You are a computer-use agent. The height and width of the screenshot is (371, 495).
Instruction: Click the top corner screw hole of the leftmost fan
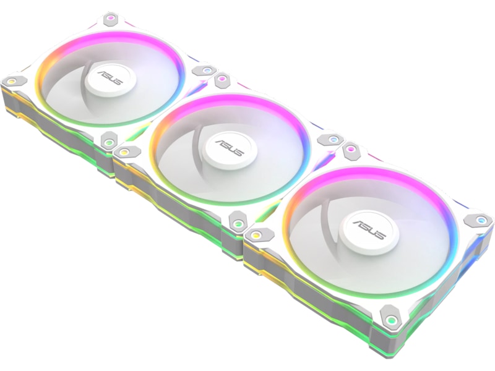pos(110,18)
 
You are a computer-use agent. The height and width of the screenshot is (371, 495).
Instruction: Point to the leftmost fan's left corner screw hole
pos(12,81)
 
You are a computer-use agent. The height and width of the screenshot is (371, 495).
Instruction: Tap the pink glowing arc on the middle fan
pos(235,102)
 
